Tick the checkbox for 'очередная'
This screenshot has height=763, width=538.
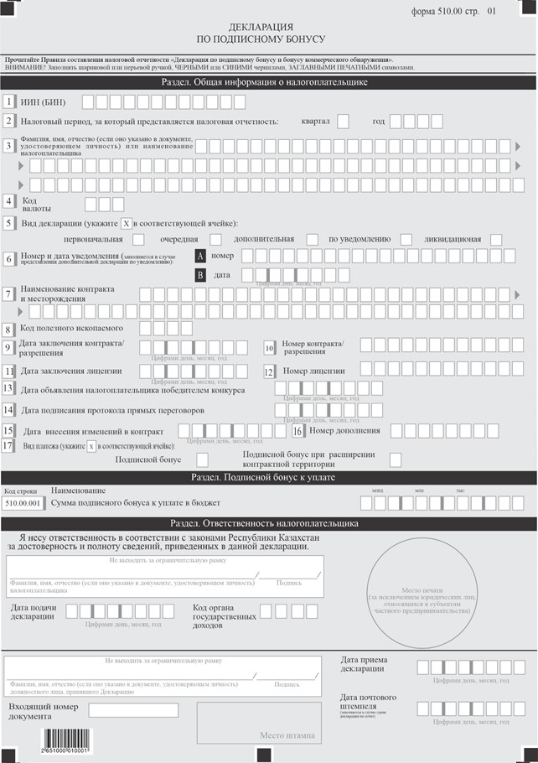tap(215, 240)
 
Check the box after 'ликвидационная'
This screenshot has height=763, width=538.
tap(496, 240)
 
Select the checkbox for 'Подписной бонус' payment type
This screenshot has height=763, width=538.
tap(202, 459)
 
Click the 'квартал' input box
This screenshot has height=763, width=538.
tap(344, 122)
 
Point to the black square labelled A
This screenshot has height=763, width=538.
tap(200, 256)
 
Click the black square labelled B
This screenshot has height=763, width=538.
tap(200, 275)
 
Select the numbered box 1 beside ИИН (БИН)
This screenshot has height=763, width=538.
tap(8, 102)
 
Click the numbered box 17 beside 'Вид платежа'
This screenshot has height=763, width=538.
tap(8, 446)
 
